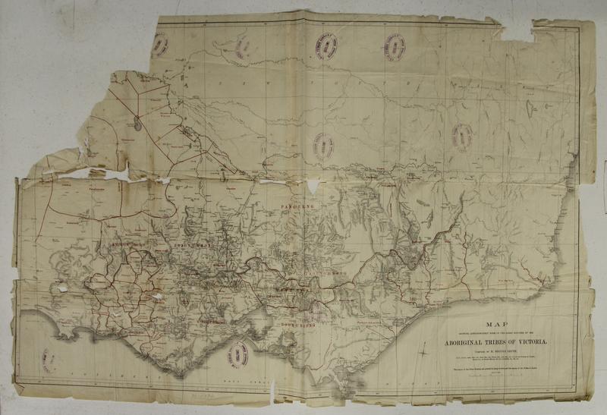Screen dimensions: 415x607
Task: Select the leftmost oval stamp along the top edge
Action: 160,46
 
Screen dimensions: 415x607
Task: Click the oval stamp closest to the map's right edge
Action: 462,137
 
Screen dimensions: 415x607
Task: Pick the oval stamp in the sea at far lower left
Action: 49,360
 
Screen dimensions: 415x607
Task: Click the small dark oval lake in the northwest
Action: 136,121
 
